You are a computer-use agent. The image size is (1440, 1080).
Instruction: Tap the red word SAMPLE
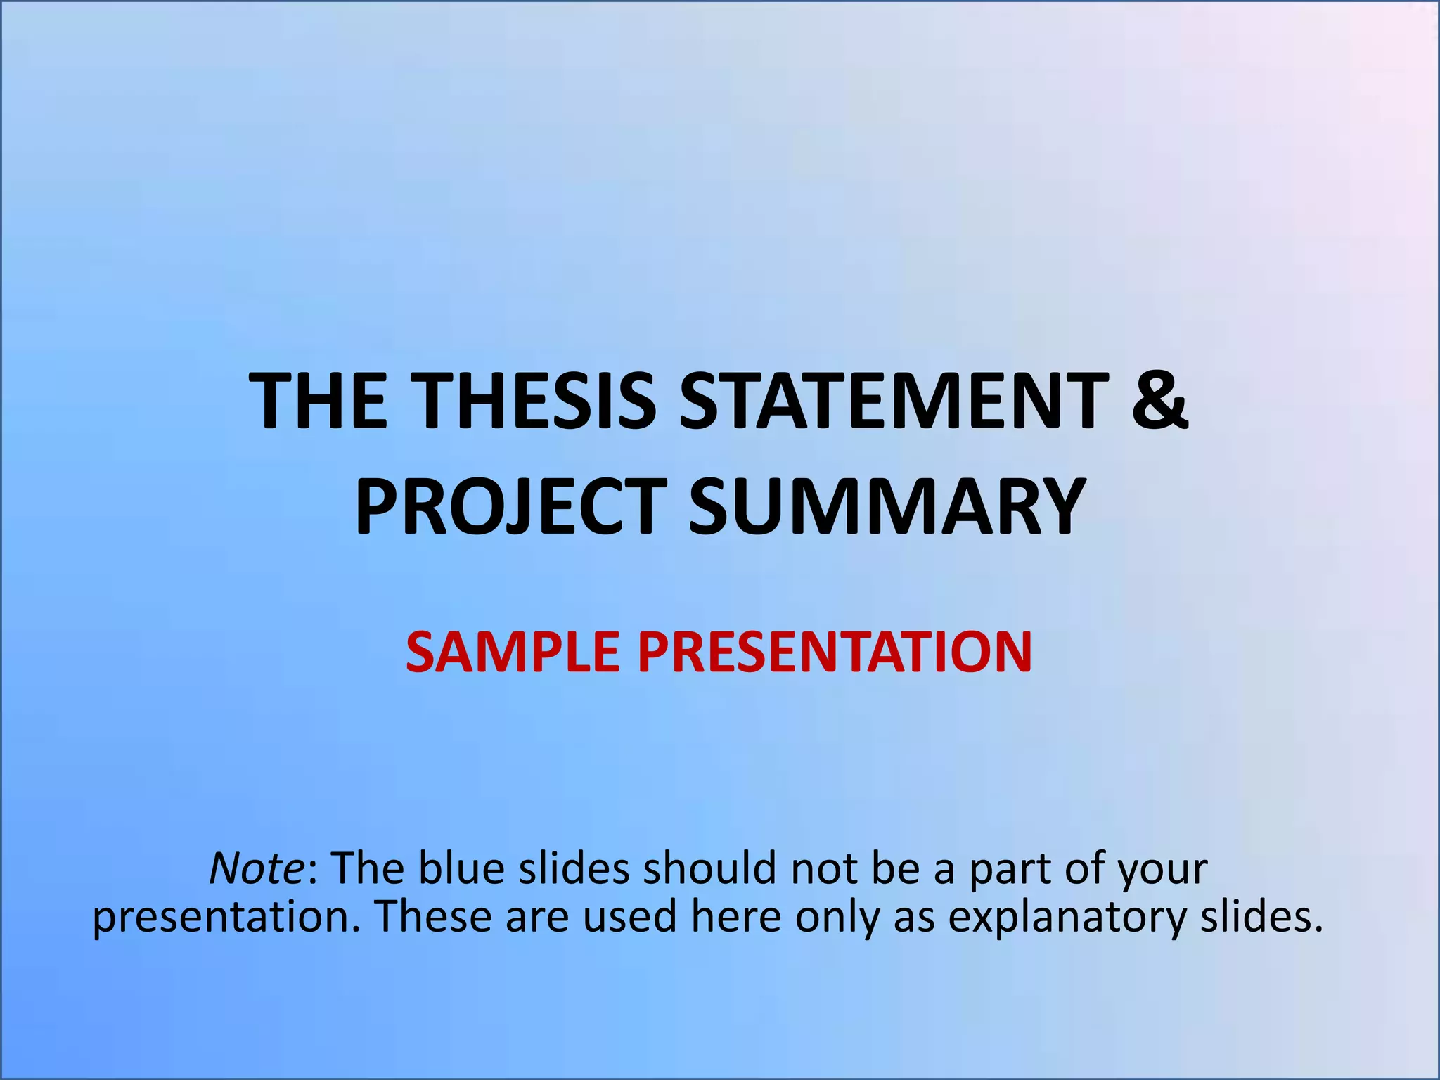[x=512, y=652]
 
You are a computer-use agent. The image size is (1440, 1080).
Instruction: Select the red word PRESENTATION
[x=835, y=652]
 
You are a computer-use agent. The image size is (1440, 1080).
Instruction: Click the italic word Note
[x=256, y=868]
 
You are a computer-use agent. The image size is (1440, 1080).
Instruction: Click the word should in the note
[x=709, y=868]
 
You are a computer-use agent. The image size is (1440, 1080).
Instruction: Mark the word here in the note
[x=735, y=918]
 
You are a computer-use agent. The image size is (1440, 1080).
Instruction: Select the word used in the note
[x=629, y=918]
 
